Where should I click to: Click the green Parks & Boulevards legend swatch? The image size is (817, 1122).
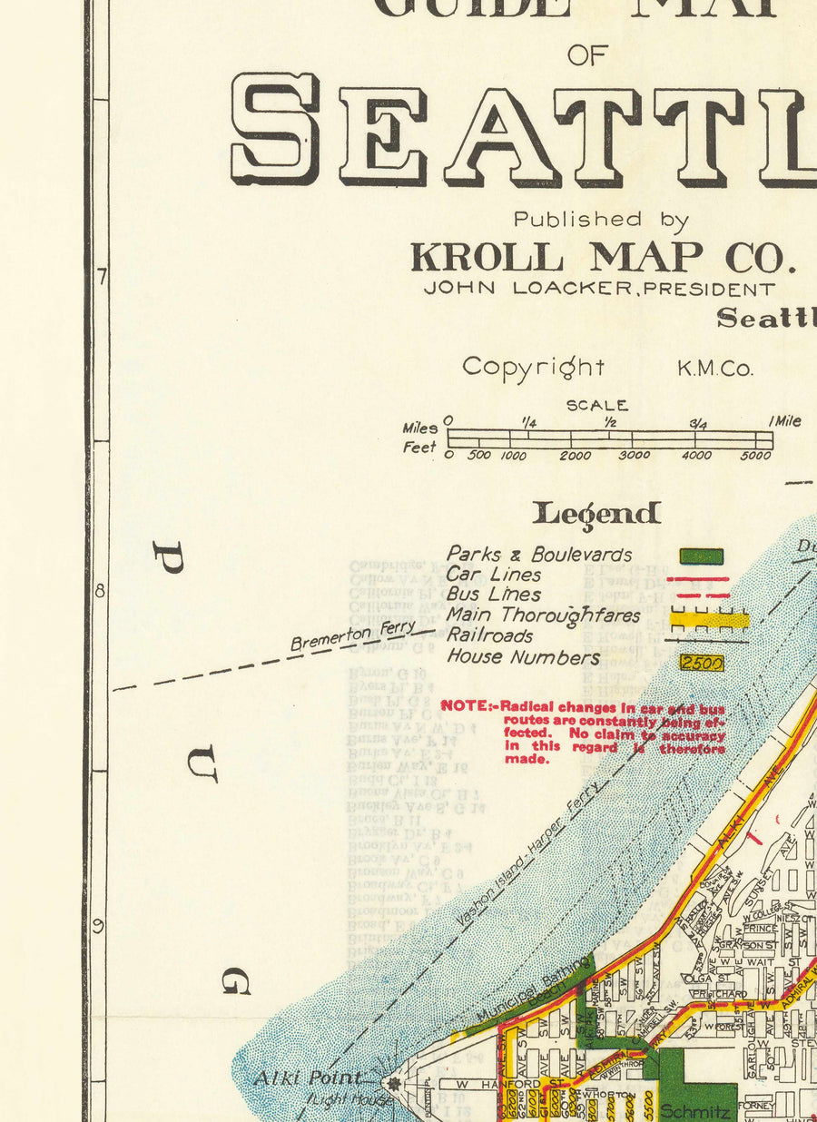coord(702,556)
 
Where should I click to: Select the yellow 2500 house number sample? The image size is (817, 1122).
coord(702,664)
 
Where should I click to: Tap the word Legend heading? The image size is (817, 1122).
coord(596,514)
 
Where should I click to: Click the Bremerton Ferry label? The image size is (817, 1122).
coord(353,635)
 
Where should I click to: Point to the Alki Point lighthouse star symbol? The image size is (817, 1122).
coord(393,1083)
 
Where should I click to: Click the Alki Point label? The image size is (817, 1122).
coord(307,1079)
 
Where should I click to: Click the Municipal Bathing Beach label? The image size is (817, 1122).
coord(533,992)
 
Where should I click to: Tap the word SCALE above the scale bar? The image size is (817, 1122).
coord(596,406)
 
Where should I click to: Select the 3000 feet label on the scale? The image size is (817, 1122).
coord(635,456)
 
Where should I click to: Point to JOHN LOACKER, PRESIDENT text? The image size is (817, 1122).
coord(600,290)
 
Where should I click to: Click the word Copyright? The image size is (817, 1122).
coord(533,367)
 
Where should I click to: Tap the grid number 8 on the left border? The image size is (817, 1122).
coord(100,591)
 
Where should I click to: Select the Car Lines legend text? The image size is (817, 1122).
coord(493,575)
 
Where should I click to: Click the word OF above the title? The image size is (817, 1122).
coord(586,55)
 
